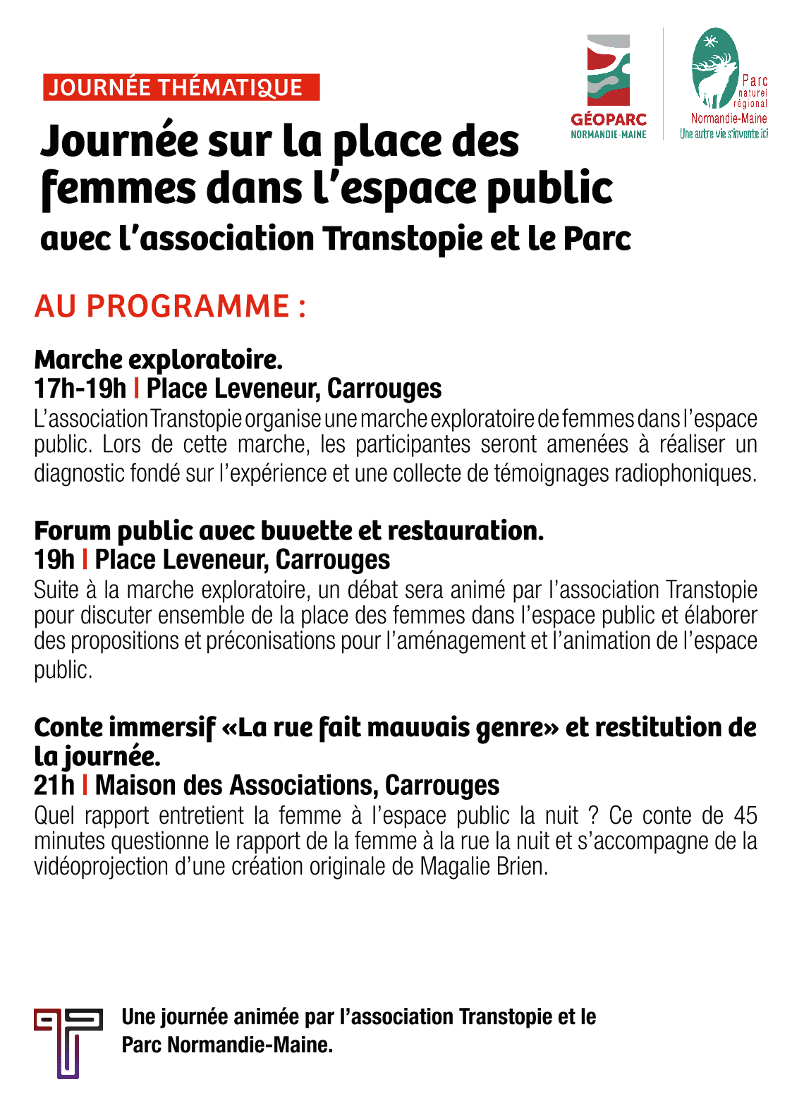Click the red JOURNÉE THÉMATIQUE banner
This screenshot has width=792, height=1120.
click(x=181, y=87)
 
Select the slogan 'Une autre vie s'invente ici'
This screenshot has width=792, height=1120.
click(x=724, y=134)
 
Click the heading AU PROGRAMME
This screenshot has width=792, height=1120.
click(x=170, y=306)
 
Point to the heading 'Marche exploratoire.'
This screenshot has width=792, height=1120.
click(x=158, y=360)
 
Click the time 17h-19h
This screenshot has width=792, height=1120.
click(x=80, y=389)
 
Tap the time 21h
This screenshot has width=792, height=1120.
click(x=54, y=785)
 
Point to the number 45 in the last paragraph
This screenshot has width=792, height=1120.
click(x=745, y=815)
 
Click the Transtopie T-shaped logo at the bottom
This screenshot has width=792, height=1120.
click(x=68, y=1042)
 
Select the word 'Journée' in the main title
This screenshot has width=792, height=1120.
click(x=119, y=141)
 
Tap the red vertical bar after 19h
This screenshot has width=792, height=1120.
click(x=85, y=559)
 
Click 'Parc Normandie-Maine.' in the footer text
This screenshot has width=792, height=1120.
click(x=226, y=1045)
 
